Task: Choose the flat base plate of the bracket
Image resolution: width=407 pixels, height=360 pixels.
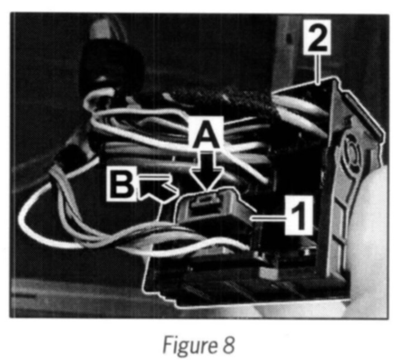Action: (x=224, y=285)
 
